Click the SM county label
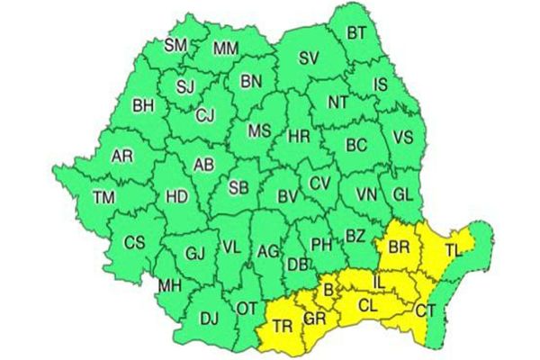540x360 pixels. pos(176,44)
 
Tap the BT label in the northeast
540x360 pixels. pos(357,34)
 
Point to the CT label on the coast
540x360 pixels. pos(427,310)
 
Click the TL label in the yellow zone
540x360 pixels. pos(454,253)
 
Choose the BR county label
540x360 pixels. pos(399,245)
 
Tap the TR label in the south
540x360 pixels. pos(283,325)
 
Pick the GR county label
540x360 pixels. pos(315,319)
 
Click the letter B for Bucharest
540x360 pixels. pos(328,289)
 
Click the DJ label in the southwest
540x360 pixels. pos(209,318)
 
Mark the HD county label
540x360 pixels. pos(177,195)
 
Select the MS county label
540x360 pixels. pos(259,131)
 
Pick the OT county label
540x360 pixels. pos(247,308)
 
